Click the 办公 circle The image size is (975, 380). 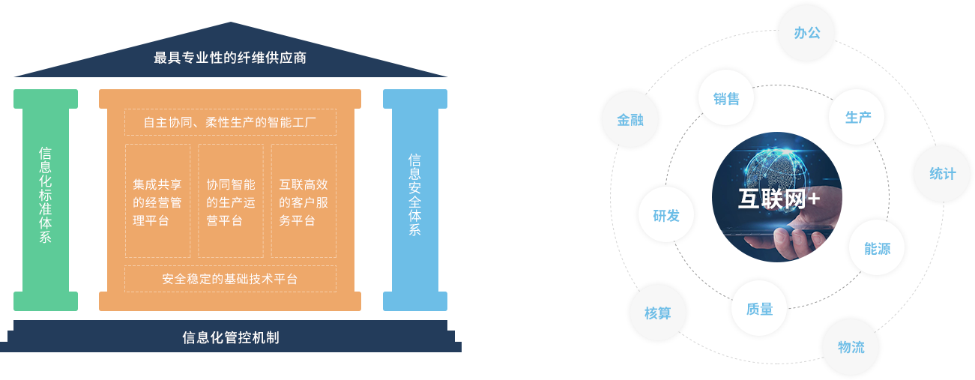coord(806,33)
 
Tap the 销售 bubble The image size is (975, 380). coord(725,98)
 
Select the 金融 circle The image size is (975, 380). coord(630,119)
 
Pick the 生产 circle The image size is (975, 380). coord(857,117)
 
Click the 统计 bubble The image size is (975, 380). coord(942,174)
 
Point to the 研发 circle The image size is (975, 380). coord(665,215)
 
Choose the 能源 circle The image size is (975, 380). coord(877,248)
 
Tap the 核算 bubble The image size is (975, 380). coord(657,313)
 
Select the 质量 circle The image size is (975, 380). coord(759,308)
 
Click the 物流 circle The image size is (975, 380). coord(851,347)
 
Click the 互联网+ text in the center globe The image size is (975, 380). coord(778,199)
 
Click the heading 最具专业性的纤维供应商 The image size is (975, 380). coord(230,57)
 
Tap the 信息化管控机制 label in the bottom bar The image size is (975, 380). coord(230,337)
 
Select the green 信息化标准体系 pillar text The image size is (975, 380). coord(45,195)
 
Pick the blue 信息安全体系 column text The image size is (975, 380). coord(414,195)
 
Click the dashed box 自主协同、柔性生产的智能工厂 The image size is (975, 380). coord(230,121)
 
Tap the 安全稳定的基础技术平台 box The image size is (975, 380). coord(230,279)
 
